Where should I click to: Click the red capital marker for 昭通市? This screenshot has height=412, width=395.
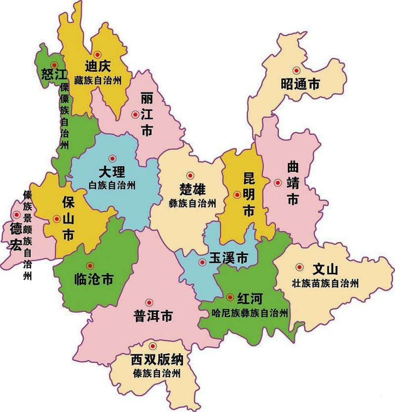pos(296,71)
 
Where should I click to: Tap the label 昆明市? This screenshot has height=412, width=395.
pos(248,194)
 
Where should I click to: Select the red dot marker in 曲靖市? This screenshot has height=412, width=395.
pos(277,183)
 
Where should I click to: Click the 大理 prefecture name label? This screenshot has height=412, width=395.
pos(112,172)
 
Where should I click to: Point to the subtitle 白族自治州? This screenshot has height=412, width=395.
pos(112,186)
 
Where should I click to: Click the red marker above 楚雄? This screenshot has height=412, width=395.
pos(190,175)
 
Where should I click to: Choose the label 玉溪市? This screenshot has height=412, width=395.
pos(228,258)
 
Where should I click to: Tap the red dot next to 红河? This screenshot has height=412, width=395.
pos(230,297)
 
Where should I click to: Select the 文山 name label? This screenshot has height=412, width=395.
pos(325,269)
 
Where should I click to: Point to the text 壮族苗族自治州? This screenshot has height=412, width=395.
pos(324,283)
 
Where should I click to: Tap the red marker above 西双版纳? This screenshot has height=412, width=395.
pos(153,346)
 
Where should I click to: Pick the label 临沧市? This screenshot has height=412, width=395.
pos(93,280)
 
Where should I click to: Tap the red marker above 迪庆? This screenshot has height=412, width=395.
pos(97,54)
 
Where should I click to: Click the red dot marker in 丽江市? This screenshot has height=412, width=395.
pos(135,114)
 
